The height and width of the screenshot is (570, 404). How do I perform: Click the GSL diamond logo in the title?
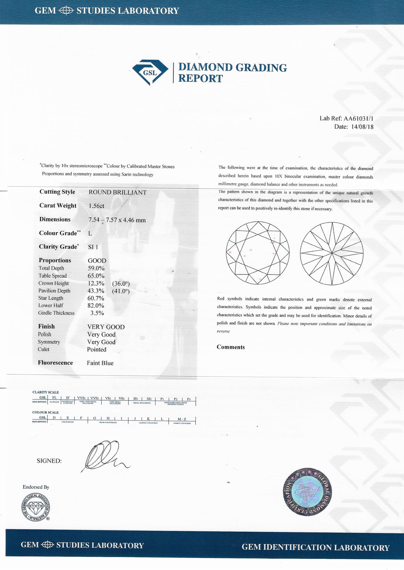(150, 72)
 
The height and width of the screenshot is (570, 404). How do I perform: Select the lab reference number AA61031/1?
(359, 118)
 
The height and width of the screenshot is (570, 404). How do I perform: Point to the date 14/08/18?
(362, 127)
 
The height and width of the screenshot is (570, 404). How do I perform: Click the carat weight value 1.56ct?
(96, 206)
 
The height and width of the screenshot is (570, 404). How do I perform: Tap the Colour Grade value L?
(90, 233)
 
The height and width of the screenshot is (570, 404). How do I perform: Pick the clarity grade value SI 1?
(93, 247)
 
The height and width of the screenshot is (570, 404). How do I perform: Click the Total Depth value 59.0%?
(96, 268)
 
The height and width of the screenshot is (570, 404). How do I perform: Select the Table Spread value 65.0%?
(96, 276)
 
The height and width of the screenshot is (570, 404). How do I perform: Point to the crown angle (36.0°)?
(121, 284)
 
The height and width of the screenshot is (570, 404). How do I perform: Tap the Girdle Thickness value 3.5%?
(97, 313)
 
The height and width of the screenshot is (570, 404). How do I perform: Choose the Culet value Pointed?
(97, 349)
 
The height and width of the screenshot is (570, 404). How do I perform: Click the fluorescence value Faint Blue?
(100, 363)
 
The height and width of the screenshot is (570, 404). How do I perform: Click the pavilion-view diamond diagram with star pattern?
(332, 253)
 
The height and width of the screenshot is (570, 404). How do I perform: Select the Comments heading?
(231, 347)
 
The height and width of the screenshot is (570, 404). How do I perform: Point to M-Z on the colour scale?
(182, 419)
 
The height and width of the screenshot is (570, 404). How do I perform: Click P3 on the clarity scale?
(189, 399)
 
